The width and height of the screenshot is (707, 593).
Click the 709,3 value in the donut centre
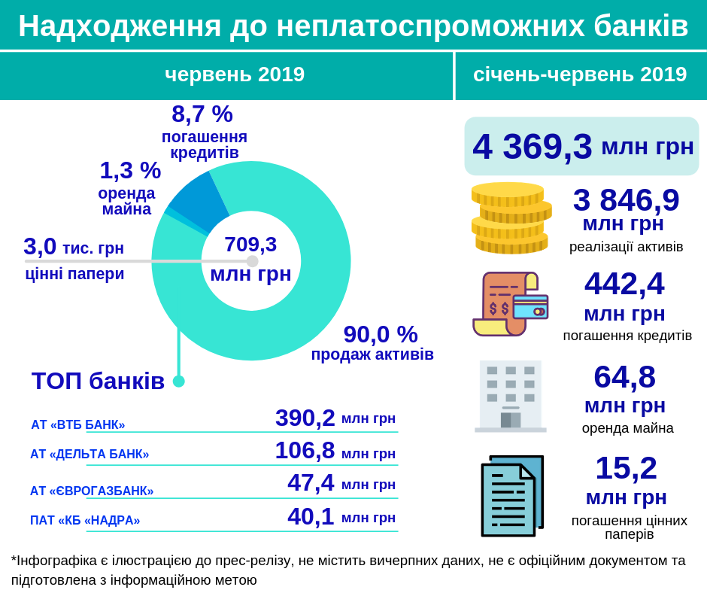tap(250, 245)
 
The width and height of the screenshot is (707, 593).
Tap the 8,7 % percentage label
tap(202, 114)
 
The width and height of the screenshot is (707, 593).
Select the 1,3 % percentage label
tap(130, 171)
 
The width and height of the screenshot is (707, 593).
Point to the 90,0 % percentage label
tap(380, 334)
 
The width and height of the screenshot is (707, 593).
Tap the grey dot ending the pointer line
tap(252, 261)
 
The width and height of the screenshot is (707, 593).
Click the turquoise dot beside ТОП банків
tap(178, 382)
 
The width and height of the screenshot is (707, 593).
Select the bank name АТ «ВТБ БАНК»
tap(78, 424)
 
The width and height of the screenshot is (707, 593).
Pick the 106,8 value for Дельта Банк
tap(305, 451)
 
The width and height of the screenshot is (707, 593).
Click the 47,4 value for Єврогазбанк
tap(311, 483)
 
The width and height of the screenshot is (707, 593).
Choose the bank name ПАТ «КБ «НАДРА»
tap(85, 521)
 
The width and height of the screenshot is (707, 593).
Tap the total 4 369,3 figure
tap(532, 147)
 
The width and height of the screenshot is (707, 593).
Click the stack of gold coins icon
tap(511, 217)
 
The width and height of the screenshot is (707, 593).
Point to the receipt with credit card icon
tap(509, 304)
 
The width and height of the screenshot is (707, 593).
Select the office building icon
tap(511, 396)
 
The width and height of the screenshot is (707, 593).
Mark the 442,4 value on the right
tap(624, 284)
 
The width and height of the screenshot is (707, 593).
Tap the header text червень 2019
tap(235, 75)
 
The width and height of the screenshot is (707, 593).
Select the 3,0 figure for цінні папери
tap(40, 247)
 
